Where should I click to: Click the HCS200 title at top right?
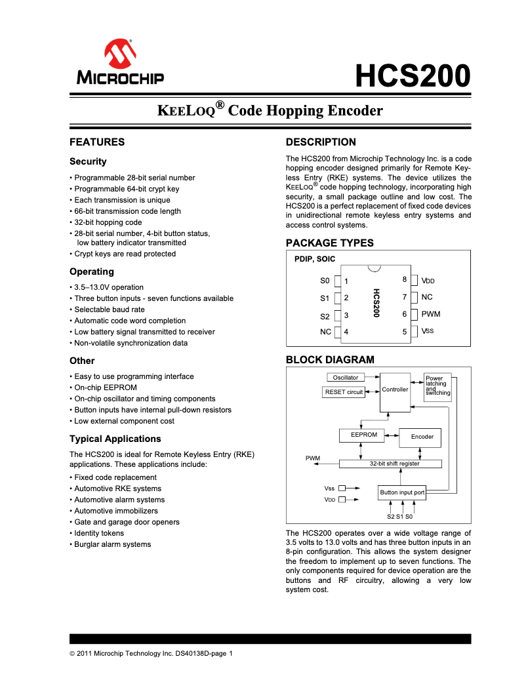(x=413, y=76)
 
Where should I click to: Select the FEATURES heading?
(x=97, y=142)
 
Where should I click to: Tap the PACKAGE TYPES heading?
(x=329, y=243)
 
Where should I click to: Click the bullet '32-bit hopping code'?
(x=108, y=222)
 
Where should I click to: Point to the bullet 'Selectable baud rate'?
(x=109, y=310)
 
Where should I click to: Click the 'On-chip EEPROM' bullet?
(x=105, y=388)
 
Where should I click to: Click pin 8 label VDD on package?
(x=428, y=281)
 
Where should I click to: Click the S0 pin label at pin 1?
(x=325, y=281)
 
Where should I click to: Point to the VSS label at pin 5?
(x=427, y=331)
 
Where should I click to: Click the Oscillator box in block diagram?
(x=346, y=378)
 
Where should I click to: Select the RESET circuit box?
(x=344, y=392)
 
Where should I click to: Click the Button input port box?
(x=402, y=492)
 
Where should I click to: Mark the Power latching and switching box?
(x=437, y=386)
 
